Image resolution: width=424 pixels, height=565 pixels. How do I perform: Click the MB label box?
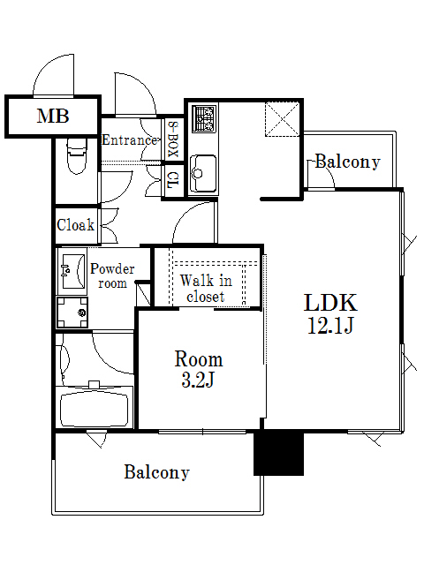53,116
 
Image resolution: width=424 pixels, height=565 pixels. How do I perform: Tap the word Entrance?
130,139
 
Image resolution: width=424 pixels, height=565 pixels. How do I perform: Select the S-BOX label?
173,139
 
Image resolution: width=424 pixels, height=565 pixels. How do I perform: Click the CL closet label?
173,181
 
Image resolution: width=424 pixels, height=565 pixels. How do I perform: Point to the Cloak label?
75,225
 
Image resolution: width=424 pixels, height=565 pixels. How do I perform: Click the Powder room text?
112,275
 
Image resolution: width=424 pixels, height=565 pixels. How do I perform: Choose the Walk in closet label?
206,289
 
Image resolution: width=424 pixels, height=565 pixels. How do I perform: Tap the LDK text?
330,303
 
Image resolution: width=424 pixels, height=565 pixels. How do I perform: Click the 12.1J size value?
330,327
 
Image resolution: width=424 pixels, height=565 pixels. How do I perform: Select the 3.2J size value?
198,381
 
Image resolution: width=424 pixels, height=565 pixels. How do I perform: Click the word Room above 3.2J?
198,359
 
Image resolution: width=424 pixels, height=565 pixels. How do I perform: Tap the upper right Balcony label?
347,162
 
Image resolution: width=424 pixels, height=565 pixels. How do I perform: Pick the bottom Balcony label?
156,472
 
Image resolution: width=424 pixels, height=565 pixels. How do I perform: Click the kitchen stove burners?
204,119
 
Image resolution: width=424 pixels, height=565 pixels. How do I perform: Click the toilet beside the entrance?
75,157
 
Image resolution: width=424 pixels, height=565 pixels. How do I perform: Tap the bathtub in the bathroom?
94,409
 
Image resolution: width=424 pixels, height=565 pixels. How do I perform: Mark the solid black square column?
278,453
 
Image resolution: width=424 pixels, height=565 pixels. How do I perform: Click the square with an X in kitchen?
283,119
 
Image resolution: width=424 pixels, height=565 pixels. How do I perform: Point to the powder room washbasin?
71,269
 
